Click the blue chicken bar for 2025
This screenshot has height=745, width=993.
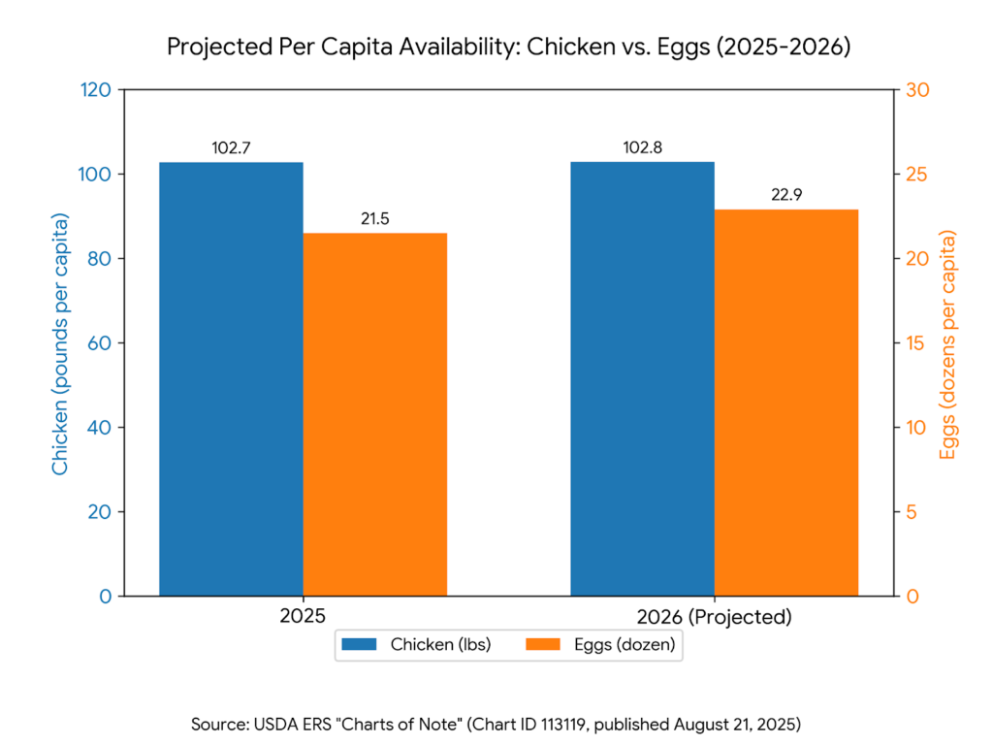pyautogui.click(x=231, y=378)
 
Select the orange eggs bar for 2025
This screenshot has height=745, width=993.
pyautogui.click(x=374, y=414)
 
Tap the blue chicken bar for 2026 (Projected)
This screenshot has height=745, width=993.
pyautogui.click(x=642, y=378)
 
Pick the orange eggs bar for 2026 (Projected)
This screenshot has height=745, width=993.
pyautogui.click(x=785, y=403)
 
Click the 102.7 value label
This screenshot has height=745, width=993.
pyautogui.click(x=232, y=148)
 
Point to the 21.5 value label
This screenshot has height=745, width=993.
pyautogui.click(x=375, y=219)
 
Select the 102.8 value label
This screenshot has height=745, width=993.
pyautogui.click(x=643, y=148)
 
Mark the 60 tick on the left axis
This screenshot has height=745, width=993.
pyautogui.click(x=99, y=343)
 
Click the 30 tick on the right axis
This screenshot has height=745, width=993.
pyautogui.click(x=916, y=90)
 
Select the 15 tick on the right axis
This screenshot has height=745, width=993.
pyautogui.click(x=914, y=343)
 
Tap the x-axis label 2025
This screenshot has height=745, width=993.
pyautogui.click(x=303, y=617)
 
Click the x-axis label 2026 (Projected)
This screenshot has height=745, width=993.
pyautogui.click(x=714, y=617)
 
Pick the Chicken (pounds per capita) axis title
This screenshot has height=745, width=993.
pyautogui.click(x=60, y=343)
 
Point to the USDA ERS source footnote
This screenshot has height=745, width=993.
pyautogui.click(x=496, y=724)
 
